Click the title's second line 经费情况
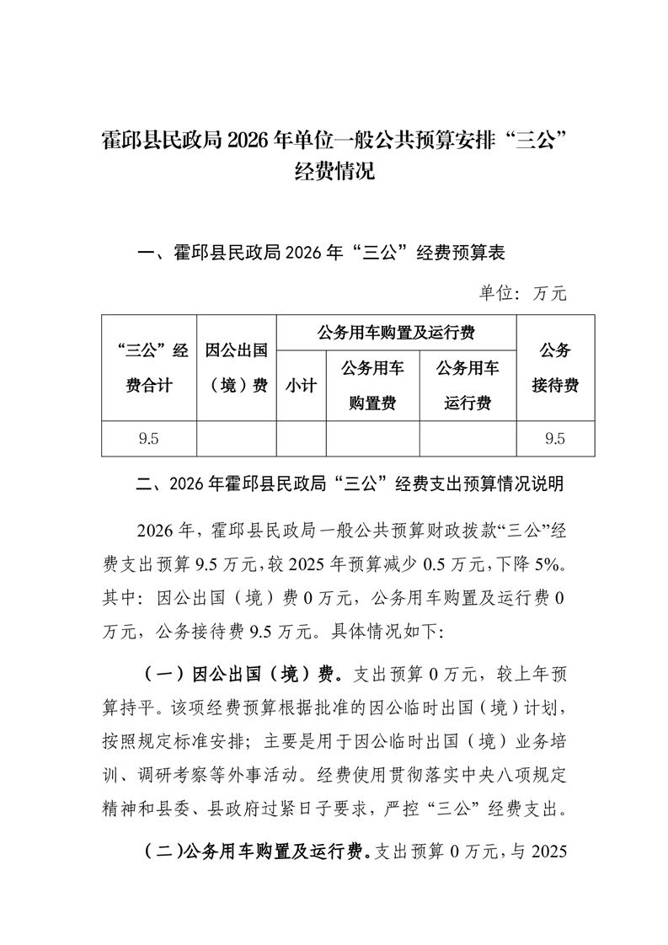(334, 173)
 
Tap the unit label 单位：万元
(523, 293)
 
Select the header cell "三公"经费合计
(149, 367)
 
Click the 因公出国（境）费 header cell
(237, 367)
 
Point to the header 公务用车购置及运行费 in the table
(396, 333)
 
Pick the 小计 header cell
(301, 386)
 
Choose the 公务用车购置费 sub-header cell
(372, 386)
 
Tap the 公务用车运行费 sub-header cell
(468, 386)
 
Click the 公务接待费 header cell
(555, 367)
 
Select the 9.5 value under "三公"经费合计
(149, 438)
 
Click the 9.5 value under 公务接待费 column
(555, 438)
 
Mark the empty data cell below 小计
(301, 438)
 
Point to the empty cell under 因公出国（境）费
(237, 438)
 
